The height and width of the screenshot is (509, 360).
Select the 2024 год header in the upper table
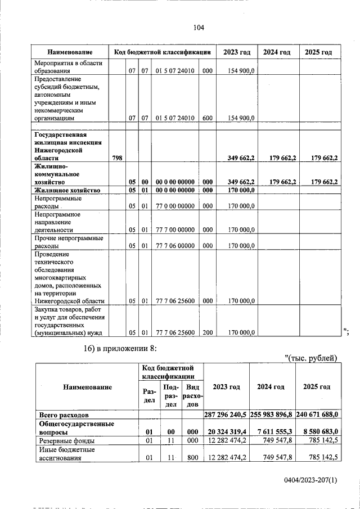(277, 52)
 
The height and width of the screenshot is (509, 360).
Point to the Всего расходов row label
(62, 415)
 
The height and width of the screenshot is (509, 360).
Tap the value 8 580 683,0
(319, 431)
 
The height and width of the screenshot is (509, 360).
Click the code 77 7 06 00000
(175, 246)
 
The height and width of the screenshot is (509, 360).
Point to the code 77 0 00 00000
(175, 206)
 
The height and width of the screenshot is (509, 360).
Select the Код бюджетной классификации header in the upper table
(162, 52)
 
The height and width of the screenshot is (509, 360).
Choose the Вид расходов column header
(192, 395)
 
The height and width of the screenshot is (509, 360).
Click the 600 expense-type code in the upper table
(207, 118)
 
